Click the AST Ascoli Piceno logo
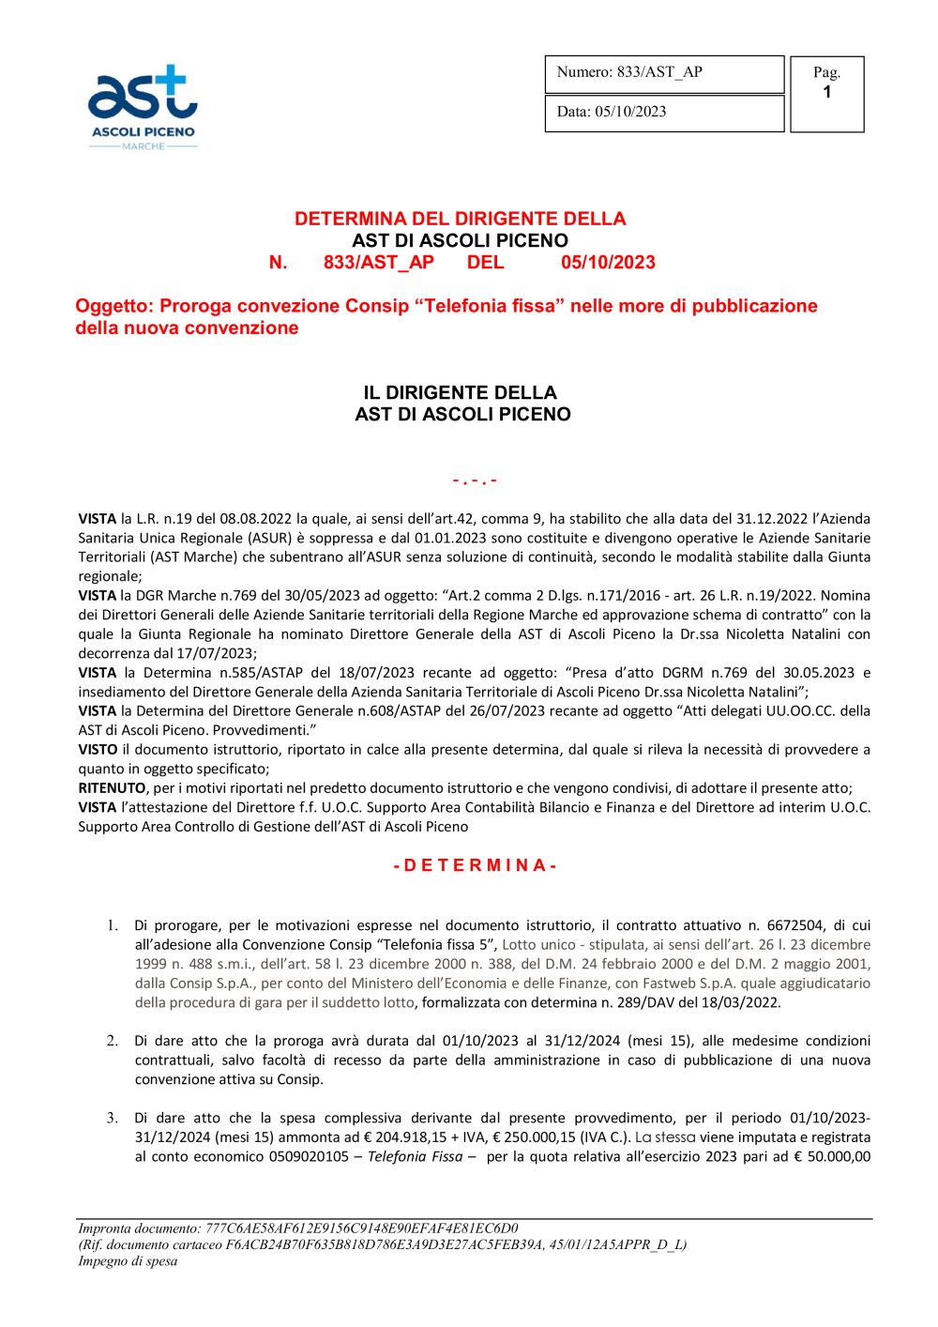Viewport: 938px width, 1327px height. [x=143, y=106]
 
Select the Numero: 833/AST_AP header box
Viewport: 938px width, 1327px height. [x=664, y=73]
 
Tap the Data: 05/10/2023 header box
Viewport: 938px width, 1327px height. [x=664, y=113]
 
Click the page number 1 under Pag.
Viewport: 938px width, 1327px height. [x=826, y=92]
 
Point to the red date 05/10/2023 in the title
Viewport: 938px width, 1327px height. [x=608, y=263]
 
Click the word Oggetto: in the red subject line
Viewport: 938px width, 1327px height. [x=114, y=306]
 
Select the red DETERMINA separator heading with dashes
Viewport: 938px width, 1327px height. [x=475, y=865]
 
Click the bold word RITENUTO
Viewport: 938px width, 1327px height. [x=112, y=788]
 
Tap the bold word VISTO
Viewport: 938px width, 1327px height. [x=98, y=750]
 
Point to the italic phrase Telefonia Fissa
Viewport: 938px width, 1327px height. [x=415, y=1157]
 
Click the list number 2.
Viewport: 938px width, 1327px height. [x=112, y=1041]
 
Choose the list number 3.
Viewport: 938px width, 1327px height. [x=112, y=1118]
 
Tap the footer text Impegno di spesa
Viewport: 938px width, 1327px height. [x=128, y=1261]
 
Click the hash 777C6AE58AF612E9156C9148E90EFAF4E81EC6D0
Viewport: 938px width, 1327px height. [x=361, y=1228]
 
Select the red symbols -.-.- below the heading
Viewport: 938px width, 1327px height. [x=475, y=480]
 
